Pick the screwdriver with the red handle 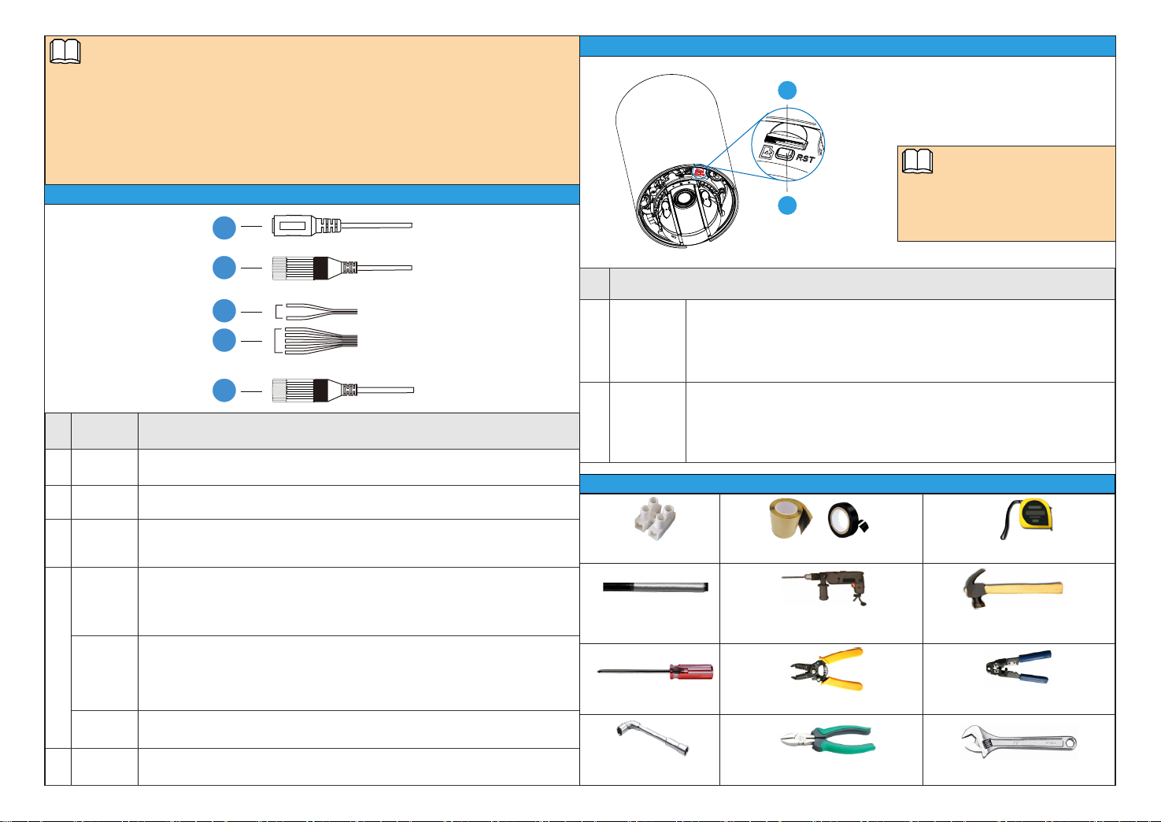coord(656,672)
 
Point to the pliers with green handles coord(827,740)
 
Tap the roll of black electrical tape coord(847,520)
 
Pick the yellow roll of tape coord(791,517)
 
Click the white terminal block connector coord(650,520)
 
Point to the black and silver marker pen coord(655,587)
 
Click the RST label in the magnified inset coord(805,158)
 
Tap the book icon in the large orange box coord(65,53)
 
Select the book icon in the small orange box coord(917,162)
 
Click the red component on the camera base coord(699,169)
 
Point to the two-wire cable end coord(318,311)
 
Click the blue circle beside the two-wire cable coord(224,311)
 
